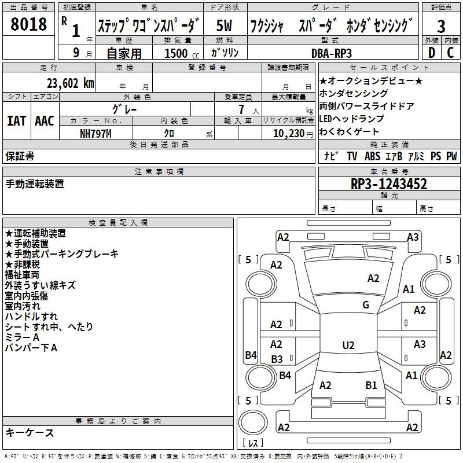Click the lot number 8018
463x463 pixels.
[x=28, y=24]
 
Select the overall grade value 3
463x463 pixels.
[x=441, y=26]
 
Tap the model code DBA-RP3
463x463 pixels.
[x=332, y=53]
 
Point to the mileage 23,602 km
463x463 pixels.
[x=71, y=83]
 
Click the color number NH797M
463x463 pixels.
[x=95, y=134]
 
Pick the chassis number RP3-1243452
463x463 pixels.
[x=389, y=184]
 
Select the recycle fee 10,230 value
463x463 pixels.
[x=289, y=134]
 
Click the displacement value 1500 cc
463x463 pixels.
[x=182, y=53]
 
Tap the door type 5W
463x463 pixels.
[x=224, y=25]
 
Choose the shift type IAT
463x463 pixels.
[x=17, y=121]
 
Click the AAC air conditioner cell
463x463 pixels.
[x=45, y=121]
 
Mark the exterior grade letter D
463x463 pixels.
[x=432, y=53]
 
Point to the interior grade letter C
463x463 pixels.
[x=450, y=53]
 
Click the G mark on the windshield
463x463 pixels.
[x=366, y=304]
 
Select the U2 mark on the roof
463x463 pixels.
[x=348, y=345]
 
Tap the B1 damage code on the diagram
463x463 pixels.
[x=371, y=385]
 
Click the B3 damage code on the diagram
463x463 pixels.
[x=277, y=359]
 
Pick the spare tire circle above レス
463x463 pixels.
[x=253, y=422]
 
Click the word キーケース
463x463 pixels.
[x=30, y=432]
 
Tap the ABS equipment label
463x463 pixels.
[x=372, y=156]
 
